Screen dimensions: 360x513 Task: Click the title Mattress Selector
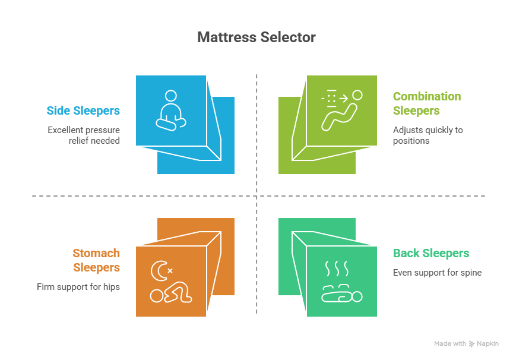(256, 37)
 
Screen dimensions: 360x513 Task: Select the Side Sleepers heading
(83, 110)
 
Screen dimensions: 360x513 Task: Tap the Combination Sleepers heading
(426, 103)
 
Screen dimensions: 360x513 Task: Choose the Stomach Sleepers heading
(96, 260)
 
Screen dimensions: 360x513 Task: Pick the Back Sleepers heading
(431, 254)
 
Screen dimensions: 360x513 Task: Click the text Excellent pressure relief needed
(84, 135)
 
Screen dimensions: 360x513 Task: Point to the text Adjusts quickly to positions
(427, 135)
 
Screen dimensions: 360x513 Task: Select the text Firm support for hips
(78, 287)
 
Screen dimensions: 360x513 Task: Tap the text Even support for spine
(437, 273)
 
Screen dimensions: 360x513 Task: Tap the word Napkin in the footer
(487, 344)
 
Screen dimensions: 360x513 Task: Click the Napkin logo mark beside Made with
(471, 344)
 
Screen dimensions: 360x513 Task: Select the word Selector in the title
(287, 37)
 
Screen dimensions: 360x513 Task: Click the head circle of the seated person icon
(171, 95)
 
